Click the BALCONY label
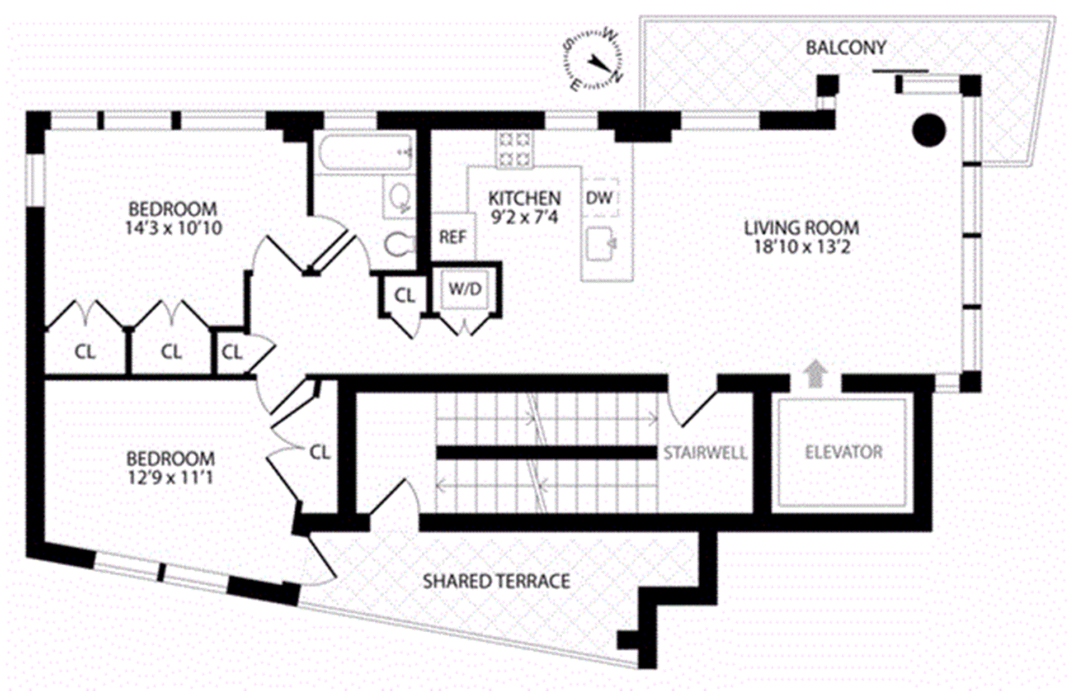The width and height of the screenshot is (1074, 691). pos(845,48)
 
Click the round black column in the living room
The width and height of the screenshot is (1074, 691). pos(929,130)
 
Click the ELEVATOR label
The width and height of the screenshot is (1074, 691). pos(844,452)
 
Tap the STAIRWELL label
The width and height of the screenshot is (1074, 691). pos(705,452)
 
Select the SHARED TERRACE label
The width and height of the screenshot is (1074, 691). pos(496,581)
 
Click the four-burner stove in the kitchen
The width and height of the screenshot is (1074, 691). pos(515,149)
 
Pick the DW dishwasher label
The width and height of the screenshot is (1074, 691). pos(599,198)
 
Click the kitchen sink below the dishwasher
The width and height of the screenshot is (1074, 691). pos(601,244)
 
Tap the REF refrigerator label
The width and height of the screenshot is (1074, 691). pos(453,237)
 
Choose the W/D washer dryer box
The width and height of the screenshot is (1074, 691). pos(465,289)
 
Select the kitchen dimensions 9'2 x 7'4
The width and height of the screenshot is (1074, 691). pos(524,217)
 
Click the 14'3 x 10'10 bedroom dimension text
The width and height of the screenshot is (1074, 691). pos(173,228)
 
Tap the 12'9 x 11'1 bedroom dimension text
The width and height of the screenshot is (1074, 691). pos(171,477)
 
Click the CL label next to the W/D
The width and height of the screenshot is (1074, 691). pos(404,295)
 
